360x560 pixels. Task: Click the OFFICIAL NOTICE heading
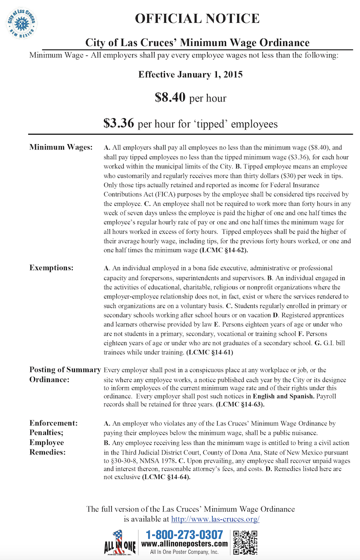tap(197, 19)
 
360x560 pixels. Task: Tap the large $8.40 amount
tap(170, 97)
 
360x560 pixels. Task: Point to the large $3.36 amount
tap(118, 123)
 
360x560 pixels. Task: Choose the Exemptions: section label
tap(51, 268)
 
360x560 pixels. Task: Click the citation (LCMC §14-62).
tap(223, 250)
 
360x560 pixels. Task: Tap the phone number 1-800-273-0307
tap(185, 535)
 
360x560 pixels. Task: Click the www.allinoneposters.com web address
tap(185, 544)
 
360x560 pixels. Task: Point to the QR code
tap(245, 542)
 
